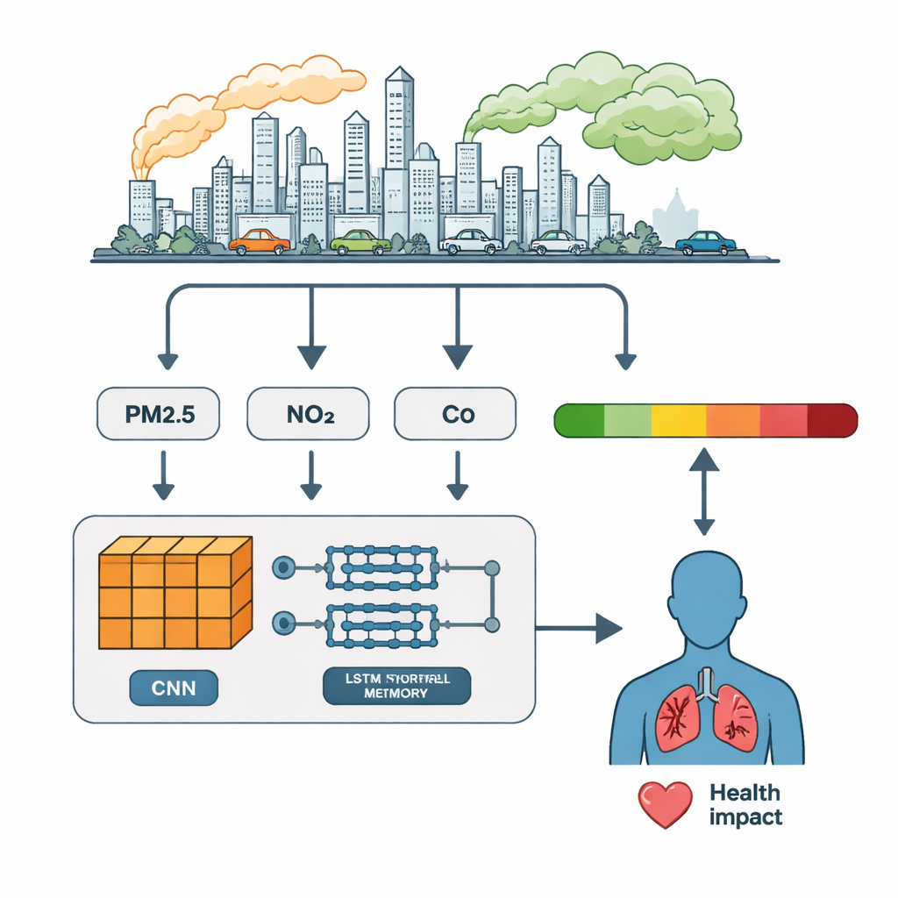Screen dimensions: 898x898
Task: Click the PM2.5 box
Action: (x=157, y=415)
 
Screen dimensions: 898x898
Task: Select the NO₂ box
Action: (x=310, y=415)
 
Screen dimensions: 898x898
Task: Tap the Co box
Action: (x=456, y=415)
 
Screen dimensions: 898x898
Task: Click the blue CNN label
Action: (x=174, y=688)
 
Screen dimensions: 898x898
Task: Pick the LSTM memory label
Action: (x=396, y=686)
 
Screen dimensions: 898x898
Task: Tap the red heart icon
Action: (x=665, y=804)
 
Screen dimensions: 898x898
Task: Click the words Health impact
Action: (x=745, y=805)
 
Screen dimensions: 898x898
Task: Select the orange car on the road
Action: (x=260, y=241)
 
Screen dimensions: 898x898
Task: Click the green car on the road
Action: (x=360, y=241)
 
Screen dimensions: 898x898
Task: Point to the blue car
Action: (x=705, y=242)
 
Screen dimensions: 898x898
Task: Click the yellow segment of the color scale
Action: (x=678, y=420)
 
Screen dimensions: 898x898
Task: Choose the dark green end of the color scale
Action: (x=580, y=420)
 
